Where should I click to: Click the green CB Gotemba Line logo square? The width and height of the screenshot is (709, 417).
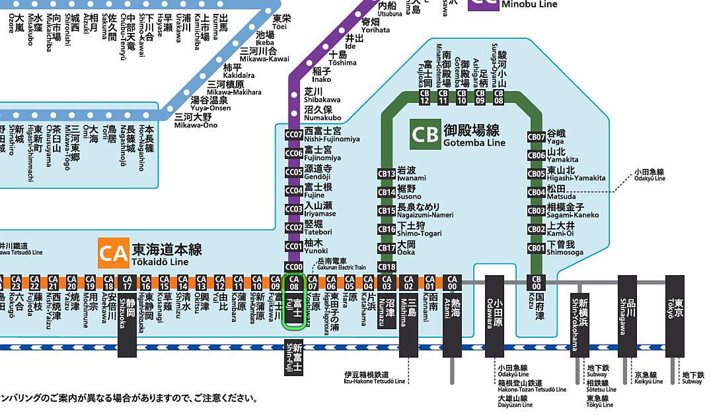(425, 135)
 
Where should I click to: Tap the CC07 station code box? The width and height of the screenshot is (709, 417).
(293, 135)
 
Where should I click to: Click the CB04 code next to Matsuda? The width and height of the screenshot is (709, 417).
(536, 192)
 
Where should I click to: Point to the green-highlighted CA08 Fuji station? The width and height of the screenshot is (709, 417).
(293, 301)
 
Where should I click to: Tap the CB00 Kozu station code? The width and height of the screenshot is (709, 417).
(537, 282)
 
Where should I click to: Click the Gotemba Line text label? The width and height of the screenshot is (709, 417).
(474, 143)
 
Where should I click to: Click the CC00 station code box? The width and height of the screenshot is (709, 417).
(293, 266)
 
